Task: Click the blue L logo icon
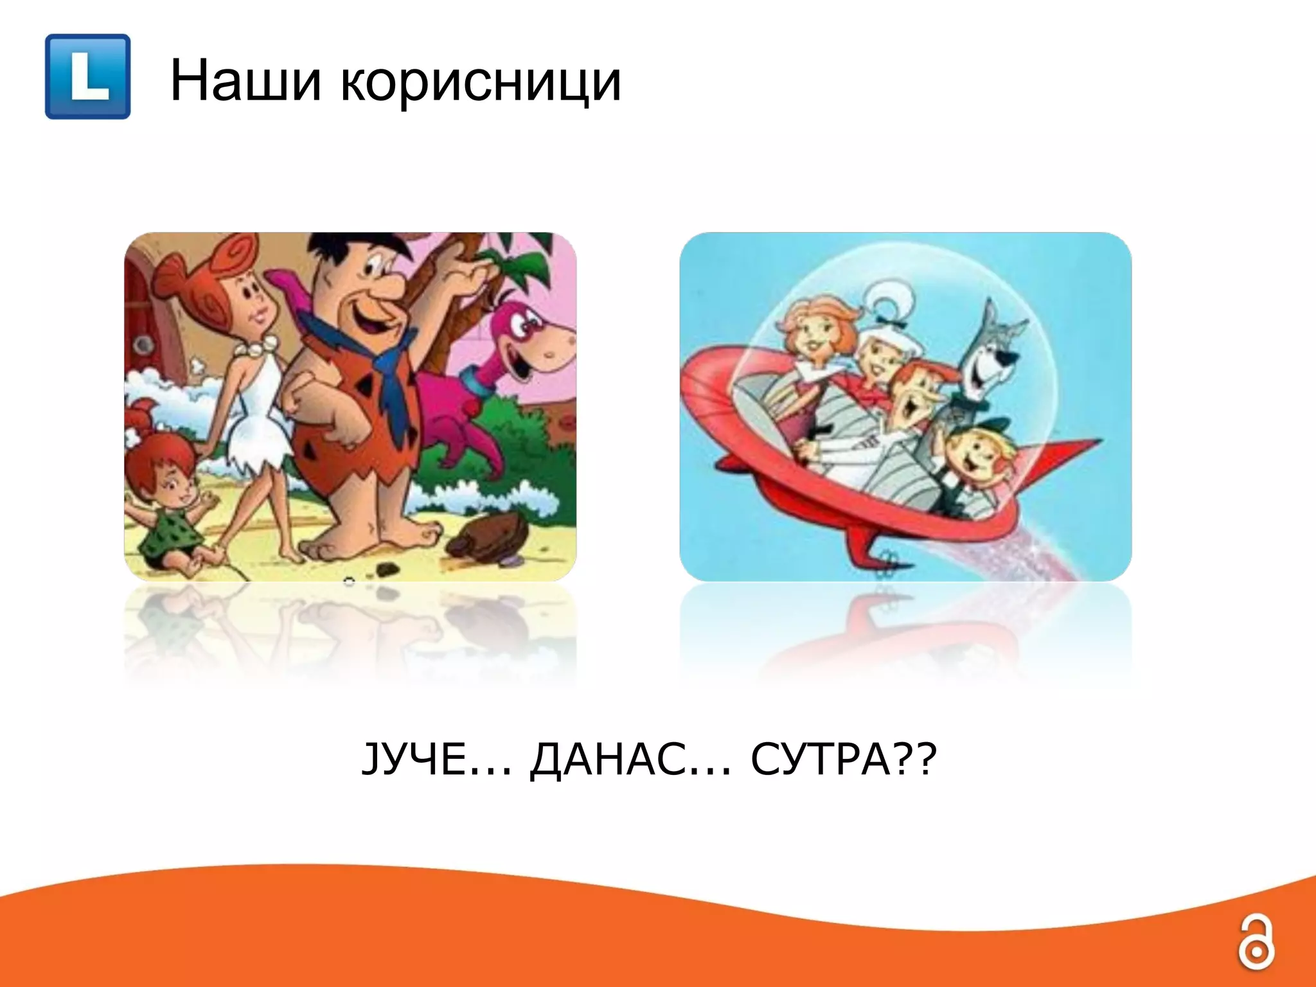pyautogui.click(x=88, y=76)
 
